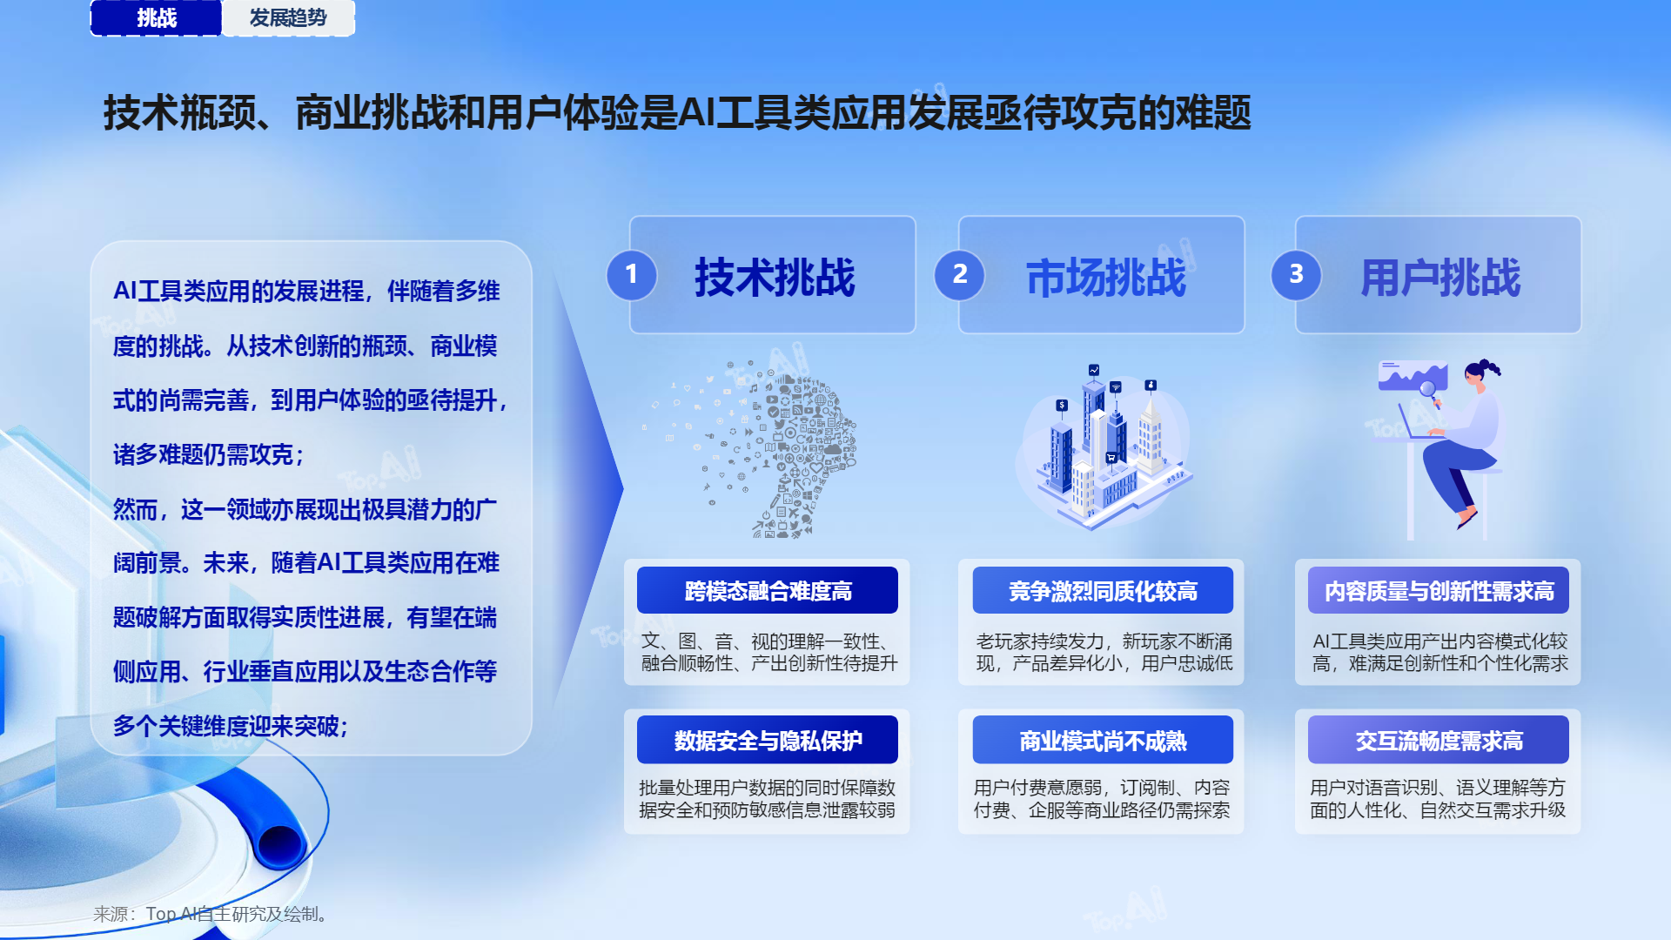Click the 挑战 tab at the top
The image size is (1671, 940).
coord(156,18)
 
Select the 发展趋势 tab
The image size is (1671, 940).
coord(288,18)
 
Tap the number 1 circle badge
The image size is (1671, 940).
coord(631,275)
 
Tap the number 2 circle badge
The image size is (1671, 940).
coord(959,275)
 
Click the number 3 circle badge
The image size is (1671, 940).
coord(1296,275)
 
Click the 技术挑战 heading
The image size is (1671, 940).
coord(775,278)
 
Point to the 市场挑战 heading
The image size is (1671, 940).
coord(1106,278)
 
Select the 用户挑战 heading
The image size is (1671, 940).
coord(1440,278)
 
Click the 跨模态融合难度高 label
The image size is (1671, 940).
coord(768,591)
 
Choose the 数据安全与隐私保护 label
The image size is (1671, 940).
coord(768,740)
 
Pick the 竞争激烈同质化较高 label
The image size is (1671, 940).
coord(1103,591)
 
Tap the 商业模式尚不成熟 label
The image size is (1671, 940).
coord(1103,740)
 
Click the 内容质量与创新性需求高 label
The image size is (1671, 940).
coord(1439,591)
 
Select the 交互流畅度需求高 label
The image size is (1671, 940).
coord(1439,740)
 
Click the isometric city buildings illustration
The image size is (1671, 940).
coord(1105,448)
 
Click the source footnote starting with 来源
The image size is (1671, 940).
coord(210,914)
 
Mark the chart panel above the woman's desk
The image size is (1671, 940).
coord(1412,376)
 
